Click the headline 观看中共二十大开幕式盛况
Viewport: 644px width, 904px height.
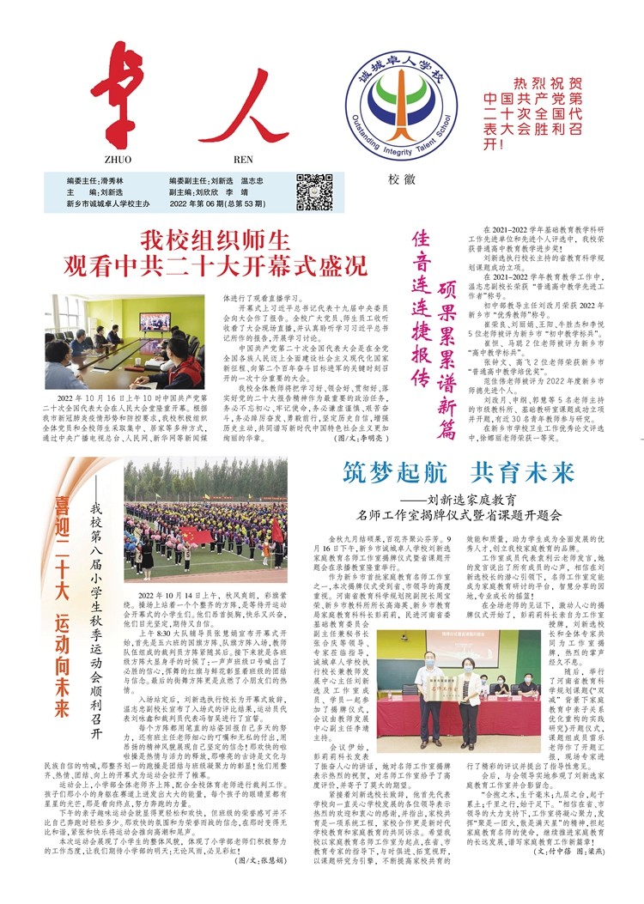tap(216, 264)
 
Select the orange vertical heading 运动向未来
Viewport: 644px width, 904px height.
tap(62, 670)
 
